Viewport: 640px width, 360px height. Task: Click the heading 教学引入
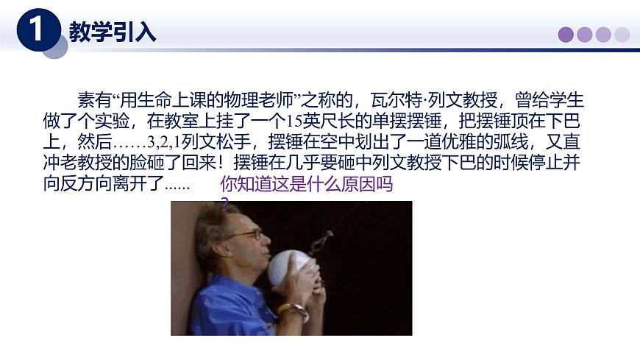113,32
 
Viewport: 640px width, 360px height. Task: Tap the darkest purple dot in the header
566,35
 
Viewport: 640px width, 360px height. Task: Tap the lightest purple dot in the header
622,35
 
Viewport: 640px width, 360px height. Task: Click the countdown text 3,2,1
157,141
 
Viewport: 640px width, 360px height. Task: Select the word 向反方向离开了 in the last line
102,183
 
